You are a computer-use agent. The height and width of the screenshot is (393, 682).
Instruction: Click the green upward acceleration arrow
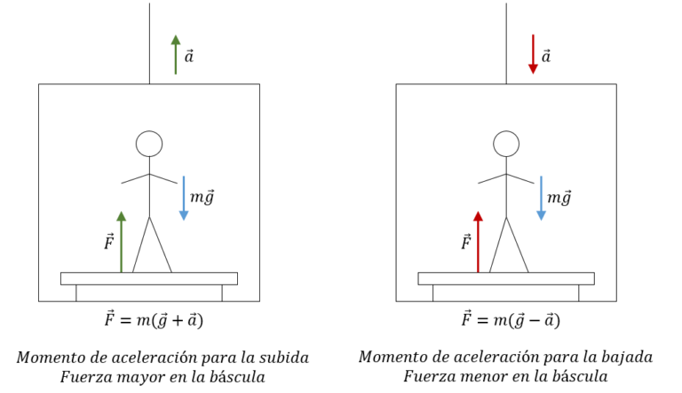pos(175,55)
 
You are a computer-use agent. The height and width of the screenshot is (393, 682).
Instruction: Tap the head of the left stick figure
pos(149,144)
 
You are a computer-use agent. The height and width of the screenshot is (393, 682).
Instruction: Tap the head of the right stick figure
pos(506,144)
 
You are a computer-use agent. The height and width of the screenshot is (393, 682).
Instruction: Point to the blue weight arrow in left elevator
pos(184,198)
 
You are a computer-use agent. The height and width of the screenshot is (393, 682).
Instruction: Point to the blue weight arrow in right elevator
pos(541,198)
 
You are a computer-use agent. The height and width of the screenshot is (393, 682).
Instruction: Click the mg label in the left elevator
pos(203,198)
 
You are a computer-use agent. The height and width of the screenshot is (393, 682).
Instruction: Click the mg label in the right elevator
pos(559,198)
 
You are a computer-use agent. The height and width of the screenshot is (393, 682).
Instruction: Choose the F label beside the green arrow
pos(108,241)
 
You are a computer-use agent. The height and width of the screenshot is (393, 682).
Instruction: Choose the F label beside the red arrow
pos(465,241)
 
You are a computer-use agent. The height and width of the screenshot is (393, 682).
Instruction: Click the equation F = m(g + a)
pos(151,320)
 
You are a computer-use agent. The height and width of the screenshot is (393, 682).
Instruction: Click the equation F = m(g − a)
pos(509,320)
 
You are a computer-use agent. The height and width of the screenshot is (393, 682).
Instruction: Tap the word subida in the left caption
pos(283,358)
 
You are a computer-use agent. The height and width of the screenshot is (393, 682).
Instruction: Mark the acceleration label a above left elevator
pos(189,57)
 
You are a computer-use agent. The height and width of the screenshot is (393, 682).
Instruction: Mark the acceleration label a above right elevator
pos(546,57)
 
